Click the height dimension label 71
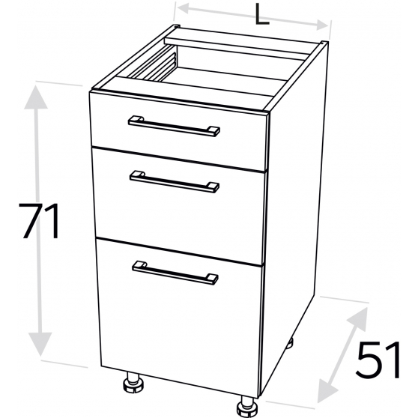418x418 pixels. click(x=40, y=221)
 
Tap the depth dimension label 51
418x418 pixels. click(x=378, y=360)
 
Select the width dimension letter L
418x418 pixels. click(x=261, y=15)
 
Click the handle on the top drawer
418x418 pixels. click(x=174, y=126)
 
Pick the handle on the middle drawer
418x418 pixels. click(x=175, y=182)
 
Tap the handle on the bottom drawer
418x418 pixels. click(x=175, y=273)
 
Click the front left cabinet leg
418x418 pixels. click(x=133, y=383)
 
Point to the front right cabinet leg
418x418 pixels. click(x=247, y=406)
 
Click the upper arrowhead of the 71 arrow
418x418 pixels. click(x=36, y=97)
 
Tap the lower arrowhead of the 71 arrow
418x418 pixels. click(x=40, y=344)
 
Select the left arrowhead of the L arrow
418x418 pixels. click(x=184, y=8)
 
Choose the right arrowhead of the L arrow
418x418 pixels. click(x=323, y=25)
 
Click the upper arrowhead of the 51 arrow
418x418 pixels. click(x=359, y=317)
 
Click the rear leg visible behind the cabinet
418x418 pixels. click(x=289, y=343)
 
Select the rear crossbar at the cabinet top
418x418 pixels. click(x=236, y=48)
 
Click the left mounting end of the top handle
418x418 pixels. click(x=136, y=119)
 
